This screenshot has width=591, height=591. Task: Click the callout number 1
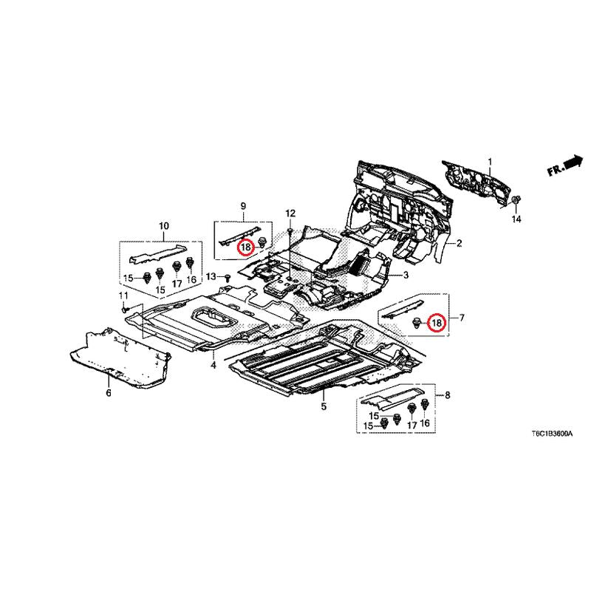(x=490, y=162)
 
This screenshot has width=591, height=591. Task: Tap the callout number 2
(x=459, y=244)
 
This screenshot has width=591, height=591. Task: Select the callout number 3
(x=406, y=276)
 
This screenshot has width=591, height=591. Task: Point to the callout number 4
(x=213, y=365)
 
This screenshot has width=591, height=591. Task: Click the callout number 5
(x=324, y=406)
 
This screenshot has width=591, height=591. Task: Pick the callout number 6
(x=109, y=393)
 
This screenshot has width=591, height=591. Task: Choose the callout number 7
(x=461, y=318)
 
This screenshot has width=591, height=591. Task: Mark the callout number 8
(x=448, y=395)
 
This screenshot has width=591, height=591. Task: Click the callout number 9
(x=243, y=206)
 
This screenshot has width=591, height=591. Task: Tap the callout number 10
(x=164, y=226)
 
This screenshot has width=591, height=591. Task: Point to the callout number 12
(x=290, y=213)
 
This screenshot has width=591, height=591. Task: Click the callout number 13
(x=211, y=276)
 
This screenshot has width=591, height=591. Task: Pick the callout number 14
(x=516, y=219)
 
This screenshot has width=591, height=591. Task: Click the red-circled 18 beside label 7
(x=437, y=323)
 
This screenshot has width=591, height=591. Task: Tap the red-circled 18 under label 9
(x=245, y=247)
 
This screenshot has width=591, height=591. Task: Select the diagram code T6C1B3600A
(x=552, y=434)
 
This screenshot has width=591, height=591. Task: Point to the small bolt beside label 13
(x=228, y=279)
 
